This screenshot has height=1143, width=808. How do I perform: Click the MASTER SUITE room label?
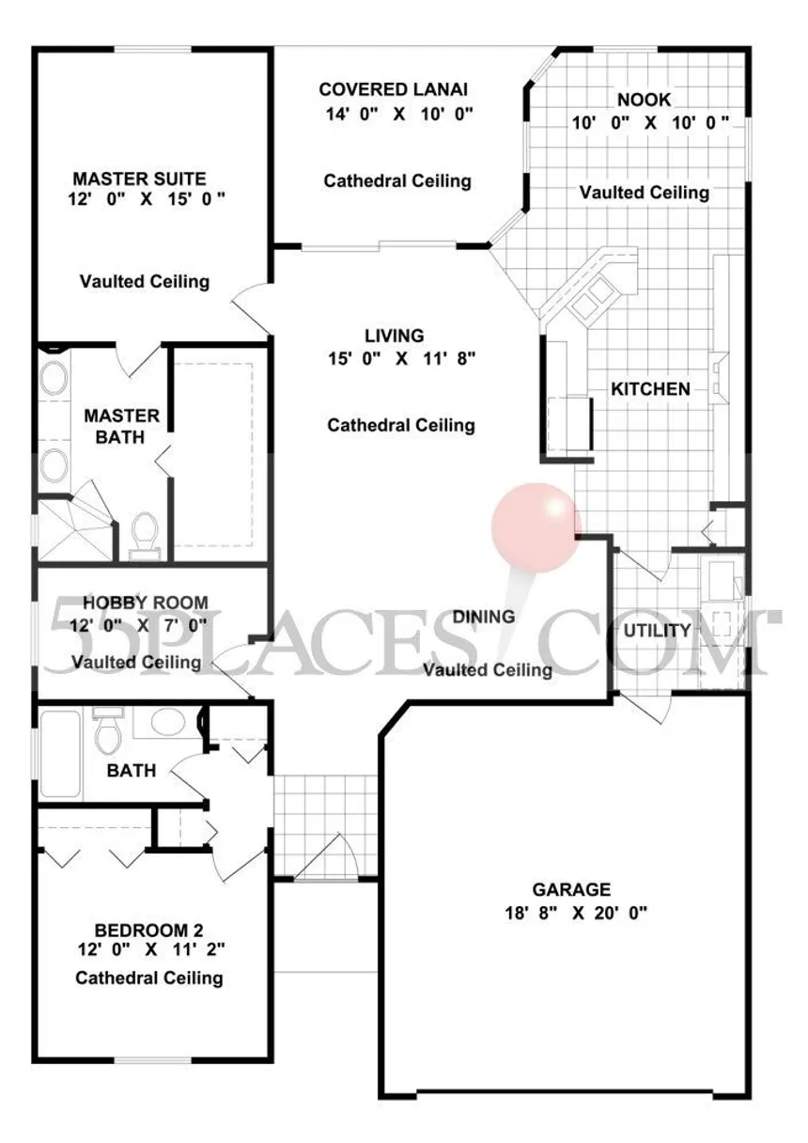pos(139,179)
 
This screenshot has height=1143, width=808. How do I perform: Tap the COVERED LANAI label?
pos(394,89)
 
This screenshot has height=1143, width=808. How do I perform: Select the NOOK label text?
pos(645,100)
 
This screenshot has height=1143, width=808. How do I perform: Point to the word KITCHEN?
pos(650,389)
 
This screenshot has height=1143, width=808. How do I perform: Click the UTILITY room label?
pos(657,631)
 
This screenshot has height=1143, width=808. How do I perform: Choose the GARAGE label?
pos(571,889)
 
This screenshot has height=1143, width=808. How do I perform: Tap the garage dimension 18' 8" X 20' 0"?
pos(576,913)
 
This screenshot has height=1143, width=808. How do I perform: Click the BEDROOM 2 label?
pos(149,931)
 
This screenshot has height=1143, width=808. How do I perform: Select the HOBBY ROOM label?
pos(146,603)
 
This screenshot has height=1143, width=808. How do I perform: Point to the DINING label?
pos(484,617)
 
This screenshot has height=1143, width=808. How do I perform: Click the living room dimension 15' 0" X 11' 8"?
pos(401,359)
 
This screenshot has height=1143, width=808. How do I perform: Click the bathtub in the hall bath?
pos(60,754)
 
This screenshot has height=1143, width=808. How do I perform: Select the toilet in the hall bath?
pos(108,729)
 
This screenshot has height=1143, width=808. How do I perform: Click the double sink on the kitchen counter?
pos(592,300)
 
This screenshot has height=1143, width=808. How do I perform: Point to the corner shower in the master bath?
pos(75,528)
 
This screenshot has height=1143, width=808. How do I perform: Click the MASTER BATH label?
pos(121,427)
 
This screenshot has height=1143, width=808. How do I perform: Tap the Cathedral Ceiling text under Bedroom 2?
pos(149,979)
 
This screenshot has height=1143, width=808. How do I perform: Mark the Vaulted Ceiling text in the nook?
pos(645,193)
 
